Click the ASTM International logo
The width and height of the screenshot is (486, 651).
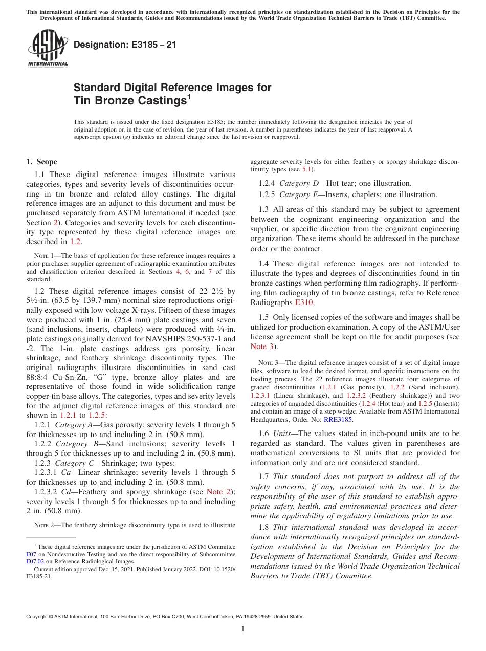pyautogui.click(x=47, y=49)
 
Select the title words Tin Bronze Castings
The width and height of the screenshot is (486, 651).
pyautogui.click(x=129, y=101)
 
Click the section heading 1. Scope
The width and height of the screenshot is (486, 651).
pyautogui.click(x=42, y=162)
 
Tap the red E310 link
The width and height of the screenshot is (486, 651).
pyautogui.click(x=304, y=302)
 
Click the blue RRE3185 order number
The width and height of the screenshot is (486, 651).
pyautogui.click(x=338, y=420)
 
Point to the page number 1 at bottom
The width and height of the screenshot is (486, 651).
pyautogui.click(x=243, y=629)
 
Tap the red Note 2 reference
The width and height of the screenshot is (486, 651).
pyautogui.click(x=218, y=492)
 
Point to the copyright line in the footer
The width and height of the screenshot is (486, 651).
pyautogui.click(x=165, y=617)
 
